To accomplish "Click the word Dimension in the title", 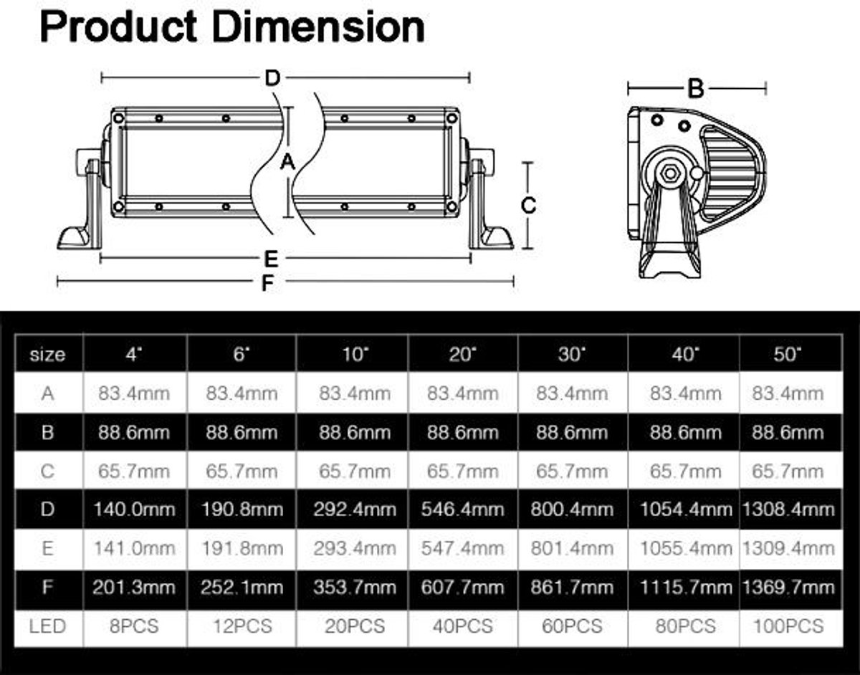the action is [319, 27].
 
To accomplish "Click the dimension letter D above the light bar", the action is [272, 78].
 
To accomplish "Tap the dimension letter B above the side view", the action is [696, 89].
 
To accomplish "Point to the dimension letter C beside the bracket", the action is [529, 206].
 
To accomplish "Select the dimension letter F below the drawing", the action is [268, 283].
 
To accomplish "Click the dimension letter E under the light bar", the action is [271, 259].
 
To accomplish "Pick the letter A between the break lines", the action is [287, 162].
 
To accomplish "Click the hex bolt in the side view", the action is [670, 173].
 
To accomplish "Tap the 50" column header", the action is [788, 354].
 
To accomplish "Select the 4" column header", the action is [134, 354].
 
